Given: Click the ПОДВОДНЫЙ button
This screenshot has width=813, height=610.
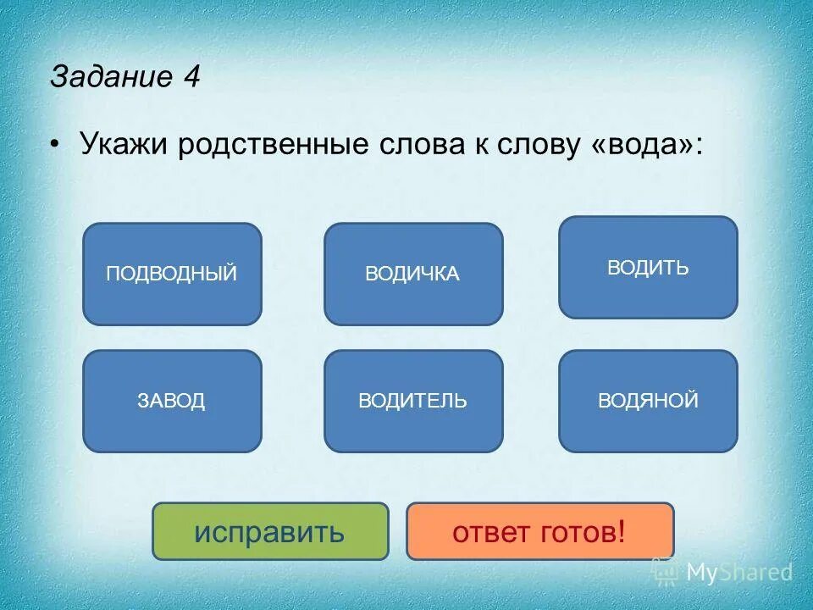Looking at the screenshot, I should pyautogui.click(x=172, y=274).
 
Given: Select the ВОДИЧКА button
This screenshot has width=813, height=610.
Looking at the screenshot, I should pyautogui.click(x=413, y=274).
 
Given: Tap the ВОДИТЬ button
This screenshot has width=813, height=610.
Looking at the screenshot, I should pyautogui.click(x=648, y=268).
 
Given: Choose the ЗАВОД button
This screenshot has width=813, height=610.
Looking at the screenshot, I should pyautogui.click(x=172, y=401).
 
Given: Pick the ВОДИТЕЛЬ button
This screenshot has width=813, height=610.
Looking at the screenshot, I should pyautogui.click(x=413, y=401).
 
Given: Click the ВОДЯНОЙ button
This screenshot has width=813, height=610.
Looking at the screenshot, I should pyautogui.click(x=648, y=401).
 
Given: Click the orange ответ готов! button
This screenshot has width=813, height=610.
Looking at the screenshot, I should pyautogui.click(x=539, y=531).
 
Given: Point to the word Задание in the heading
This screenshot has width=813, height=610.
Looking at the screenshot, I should pyautogui.click(x=110, y=77).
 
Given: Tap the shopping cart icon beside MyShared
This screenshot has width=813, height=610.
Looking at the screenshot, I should pyautogui.click(x=667, y=572).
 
